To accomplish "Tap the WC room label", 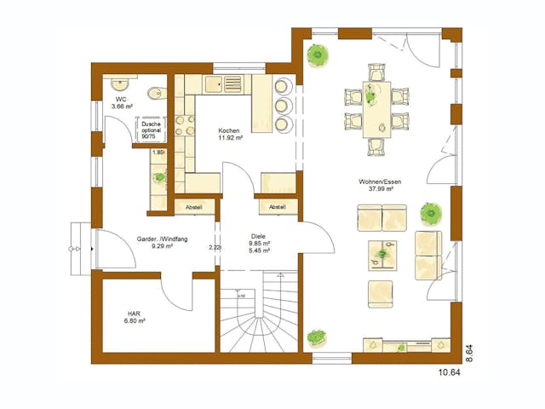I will coord(123,99).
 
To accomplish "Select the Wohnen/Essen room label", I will coord(380,182).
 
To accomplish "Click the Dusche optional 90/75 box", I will coord(150,130).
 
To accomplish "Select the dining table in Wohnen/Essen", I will coord(376,108).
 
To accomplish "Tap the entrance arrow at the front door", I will coord(91,248).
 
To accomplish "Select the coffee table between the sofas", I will coord(383,254).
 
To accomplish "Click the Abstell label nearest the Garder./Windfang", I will coord(192,206).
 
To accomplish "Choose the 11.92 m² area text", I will coord(232,137).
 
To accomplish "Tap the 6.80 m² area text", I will coord(135,321).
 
